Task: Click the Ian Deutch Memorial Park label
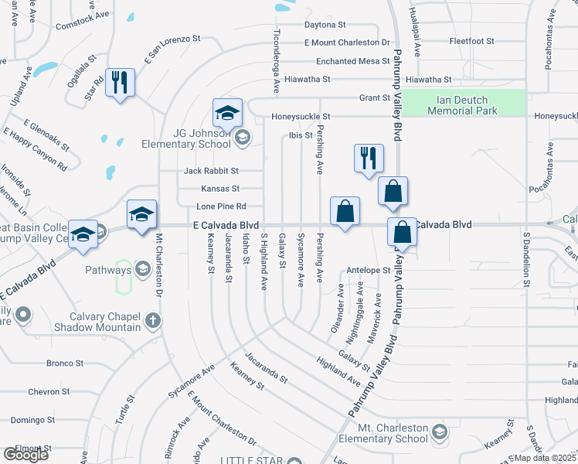pos(462,104)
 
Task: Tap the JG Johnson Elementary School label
pos(186,138)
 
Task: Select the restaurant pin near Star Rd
pos(120,83)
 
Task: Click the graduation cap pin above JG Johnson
pos(228,113)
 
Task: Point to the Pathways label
pos(109,270)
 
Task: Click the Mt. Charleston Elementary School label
pos(392,433)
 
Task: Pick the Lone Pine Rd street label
pos(221,206)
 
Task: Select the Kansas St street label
pos(220,188)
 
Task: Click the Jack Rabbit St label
pos(212,170)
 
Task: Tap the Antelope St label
pos(369,270)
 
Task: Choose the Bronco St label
pos(65,363)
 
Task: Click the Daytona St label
pos(324,24)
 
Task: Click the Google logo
pos(25,455)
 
